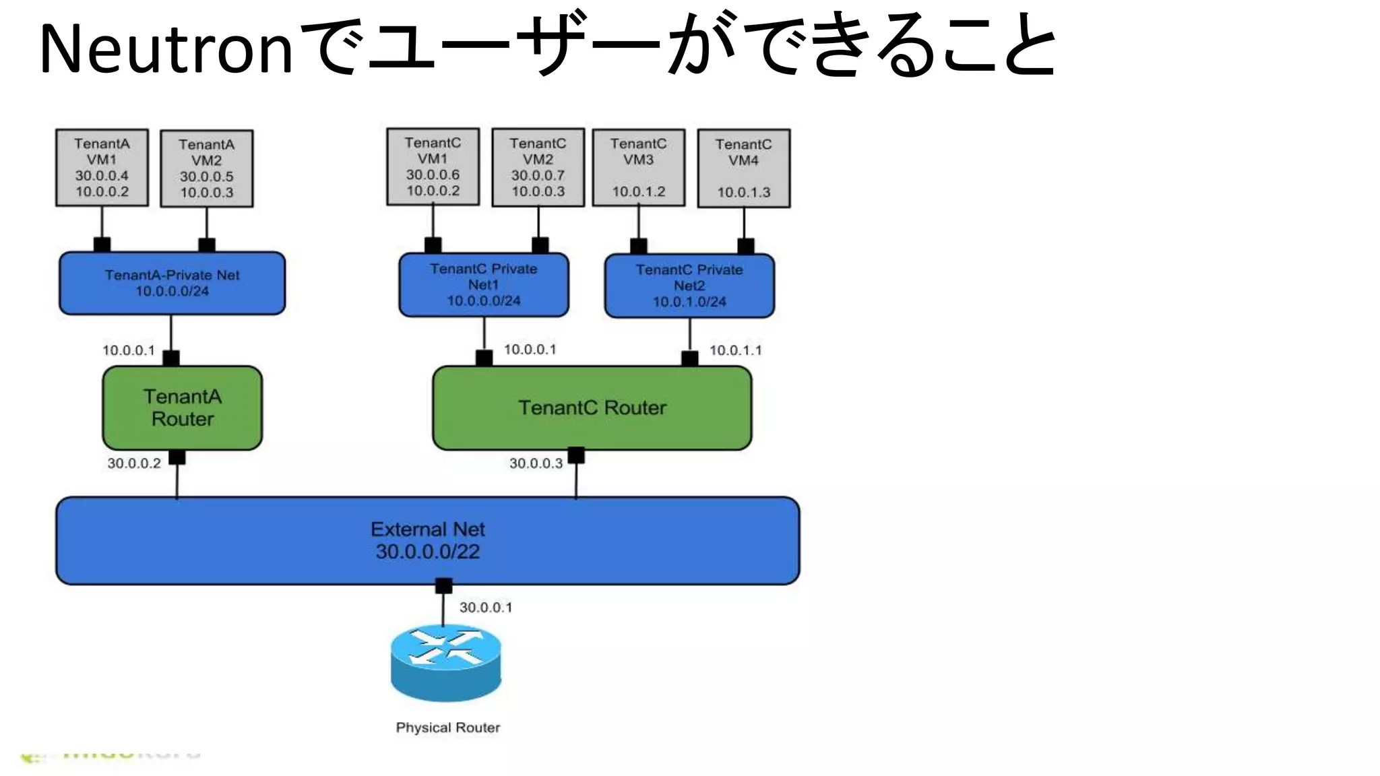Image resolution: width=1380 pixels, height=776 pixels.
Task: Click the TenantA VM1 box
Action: tap(102, 168)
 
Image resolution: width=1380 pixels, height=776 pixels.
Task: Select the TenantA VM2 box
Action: tap(207, 168)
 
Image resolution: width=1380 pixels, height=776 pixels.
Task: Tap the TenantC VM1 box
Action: tap(433, 166)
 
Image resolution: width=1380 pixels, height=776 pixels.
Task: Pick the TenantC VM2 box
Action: tap(538, 167)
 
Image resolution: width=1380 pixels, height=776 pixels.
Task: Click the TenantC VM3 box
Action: tap(638, 168)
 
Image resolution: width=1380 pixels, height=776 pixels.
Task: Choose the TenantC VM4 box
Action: tap(743, 168)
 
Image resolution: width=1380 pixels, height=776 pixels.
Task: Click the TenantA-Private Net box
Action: tap(172, 283)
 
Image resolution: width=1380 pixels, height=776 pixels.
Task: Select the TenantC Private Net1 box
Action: tap(483, 284)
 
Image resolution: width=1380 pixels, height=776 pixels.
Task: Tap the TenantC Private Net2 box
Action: tap(689, 286)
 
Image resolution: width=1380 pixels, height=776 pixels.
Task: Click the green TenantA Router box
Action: tap(182, 408)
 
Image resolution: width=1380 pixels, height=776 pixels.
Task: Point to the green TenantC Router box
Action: tap(592, 408)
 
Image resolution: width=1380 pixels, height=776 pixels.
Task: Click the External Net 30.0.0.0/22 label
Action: tap(427, 540)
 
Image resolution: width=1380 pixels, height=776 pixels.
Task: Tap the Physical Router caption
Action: tap(447, 727)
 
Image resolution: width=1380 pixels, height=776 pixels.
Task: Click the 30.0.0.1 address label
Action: tap(485, 608)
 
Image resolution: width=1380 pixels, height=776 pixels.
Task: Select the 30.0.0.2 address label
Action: tap(134, 463)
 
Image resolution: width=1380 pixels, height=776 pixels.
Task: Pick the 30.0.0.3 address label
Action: tap(536, 463)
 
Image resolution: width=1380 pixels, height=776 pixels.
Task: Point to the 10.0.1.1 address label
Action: tap(735, 350)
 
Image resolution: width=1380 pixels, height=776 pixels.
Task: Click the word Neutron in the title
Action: tap(166, 48)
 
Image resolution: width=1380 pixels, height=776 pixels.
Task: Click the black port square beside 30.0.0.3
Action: tap(576, 456)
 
